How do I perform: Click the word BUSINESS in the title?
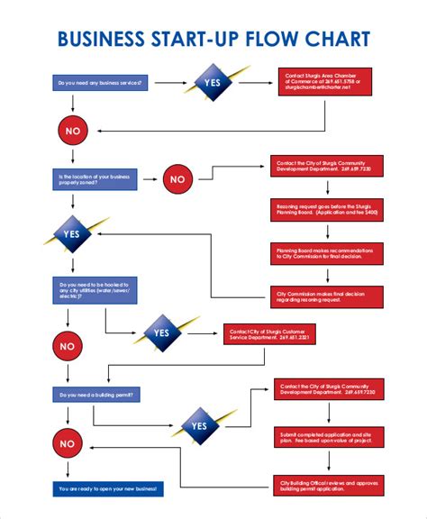[x=100, y=39]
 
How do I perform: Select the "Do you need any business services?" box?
[x=100, y=84]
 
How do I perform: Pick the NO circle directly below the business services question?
[x=72, y=131]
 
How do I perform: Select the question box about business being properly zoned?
[x=95, y=178]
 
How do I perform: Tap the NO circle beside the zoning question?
[x=178, y=179]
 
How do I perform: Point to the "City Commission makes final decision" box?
[x=326, y=296]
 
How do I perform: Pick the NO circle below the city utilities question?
[x=68, y=346]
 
